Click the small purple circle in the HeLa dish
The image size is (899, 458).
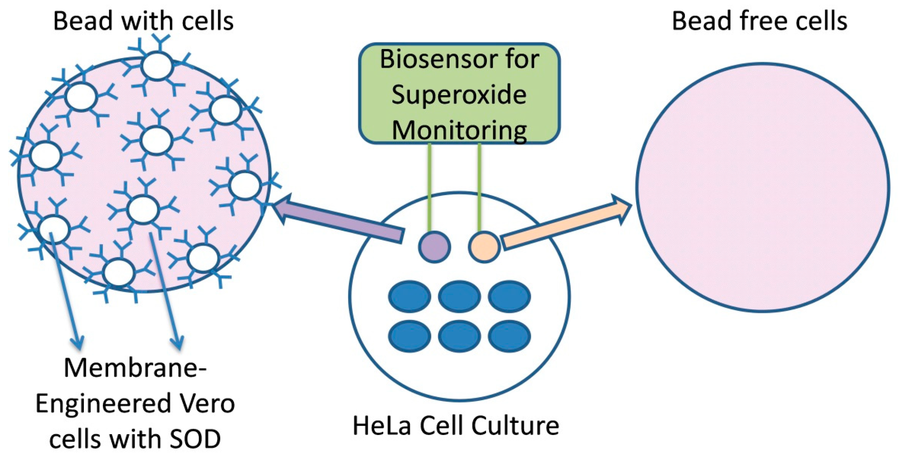click(x=434, y=247)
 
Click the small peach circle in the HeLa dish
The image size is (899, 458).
click(x=484, y=247)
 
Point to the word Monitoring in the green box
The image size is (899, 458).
click(x=459, y=130)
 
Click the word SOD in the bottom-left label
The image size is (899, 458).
click(x=196, y=439)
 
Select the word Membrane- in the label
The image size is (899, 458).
click(x=135, y=368)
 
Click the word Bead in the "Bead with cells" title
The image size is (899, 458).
click(x=83, y=21)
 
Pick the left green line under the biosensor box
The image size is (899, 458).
click(x=429, y=187)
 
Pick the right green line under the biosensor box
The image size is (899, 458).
click(x=479, y=187)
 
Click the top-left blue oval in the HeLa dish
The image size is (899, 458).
click(x=409, y=296)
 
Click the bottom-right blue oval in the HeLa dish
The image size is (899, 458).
click(x=509, y=336)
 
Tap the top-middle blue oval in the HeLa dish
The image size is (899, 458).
click(x=459, y=296)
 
